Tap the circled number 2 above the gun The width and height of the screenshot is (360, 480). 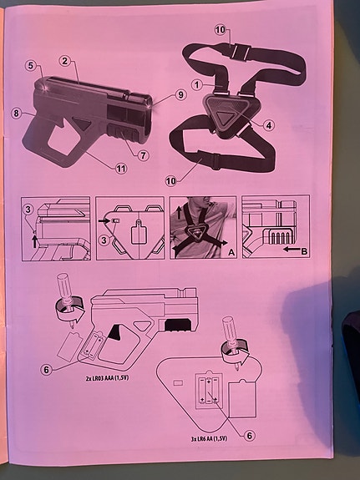[66, 61]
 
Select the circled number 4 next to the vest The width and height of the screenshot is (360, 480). [270, 126]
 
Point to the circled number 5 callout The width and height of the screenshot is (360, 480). [30, 65]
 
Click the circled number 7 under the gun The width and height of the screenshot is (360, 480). [143, 155]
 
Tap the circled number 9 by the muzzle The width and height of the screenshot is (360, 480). [180, 95]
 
